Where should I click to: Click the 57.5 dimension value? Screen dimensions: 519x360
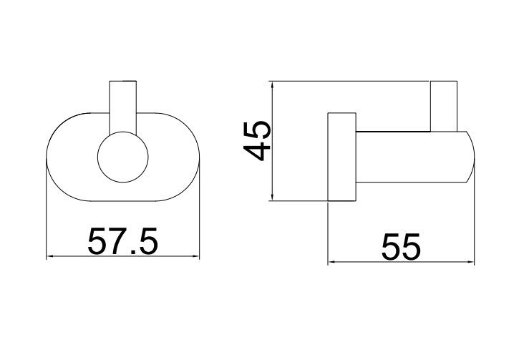[123, 241]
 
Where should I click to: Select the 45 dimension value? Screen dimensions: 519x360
[257, 140]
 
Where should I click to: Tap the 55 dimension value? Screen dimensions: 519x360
[401, 246]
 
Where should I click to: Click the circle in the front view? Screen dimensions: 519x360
[123, 157]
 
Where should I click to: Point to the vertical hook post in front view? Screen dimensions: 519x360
[123, 107]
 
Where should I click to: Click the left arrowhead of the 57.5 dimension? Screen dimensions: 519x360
[50, 256]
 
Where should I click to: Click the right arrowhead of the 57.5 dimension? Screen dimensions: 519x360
[195, 256]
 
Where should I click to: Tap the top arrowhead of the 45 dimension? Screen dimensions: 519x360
[272, 85]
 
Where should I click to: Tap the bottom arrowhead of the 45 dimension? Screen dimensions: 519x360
[272, 197]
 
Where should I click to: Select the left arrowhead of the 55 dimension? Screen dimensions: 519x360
[332, 262]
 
